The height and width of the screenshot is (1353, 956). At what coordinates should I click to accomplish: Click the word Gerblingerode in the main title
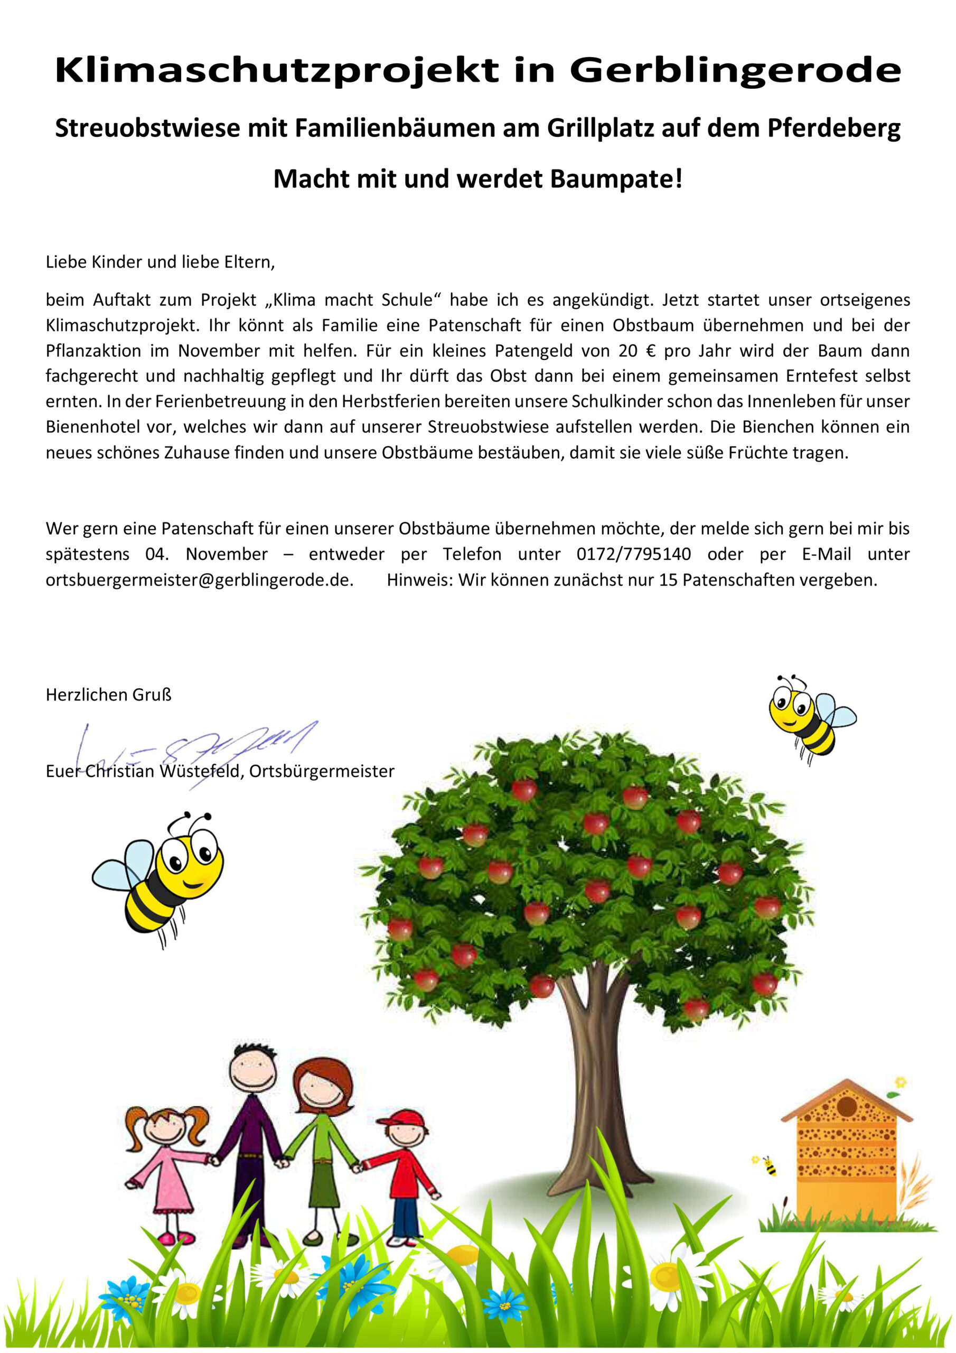click(735, 71)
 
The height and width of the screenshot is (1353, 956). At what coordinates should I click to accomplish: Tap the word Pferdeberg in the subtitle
click(833, 128)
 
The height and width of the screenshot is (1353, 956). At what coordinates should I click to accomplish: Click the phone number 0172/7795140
click(633, 554)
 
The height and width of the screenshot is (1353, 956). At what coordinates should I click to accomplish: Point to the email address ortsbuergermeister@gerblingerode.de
click(199, 580)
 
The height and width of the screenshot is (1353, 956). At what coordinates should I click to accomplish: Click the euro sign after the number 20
click(651, 351)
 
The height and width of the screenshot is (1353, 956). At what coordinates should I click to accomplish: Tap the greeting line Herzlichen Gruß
click(108, 696)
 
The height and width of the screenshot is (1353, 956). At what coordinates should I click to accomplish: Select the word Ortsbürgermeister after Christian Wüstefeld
click(322, 772)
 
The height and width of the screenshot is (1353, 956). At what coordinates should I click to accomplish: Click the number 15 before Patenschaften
click(668, 580)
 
